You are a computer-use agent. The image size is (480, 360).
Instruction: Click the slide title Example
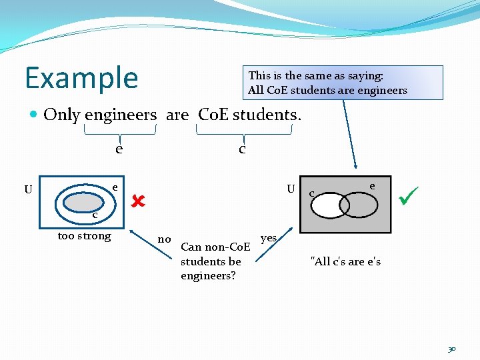click(81, 77)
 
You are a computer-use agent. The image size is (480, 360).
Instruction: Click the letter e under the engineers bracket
click(119, 149)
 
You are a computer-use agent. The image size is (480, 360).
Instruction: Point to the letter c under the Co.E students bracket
click(242, 149)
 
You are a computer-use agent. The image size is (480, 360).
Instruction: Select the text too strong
click(84, 235)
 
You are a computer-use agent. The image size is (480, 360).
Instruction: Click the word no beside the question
click(164, 239)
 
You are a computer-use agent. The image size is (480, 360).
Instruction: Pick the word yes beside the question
click(269, 237)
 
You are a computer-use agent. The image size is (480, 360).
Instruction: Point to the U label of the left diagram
click(28, 189)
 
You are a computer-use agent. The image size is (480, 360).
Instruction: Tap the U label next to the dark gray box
click(291, 188)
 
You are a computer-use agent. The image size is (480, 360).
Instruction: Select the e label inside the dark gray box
click(372, 187)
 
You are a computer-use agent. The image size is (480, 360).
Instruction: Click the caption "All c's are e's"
click(345, 261)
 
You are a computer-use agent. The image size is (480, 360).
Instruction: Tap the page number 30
click(451, 349)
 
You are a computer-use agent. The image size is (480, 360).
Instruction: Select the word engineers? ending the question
click(208, 275)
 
